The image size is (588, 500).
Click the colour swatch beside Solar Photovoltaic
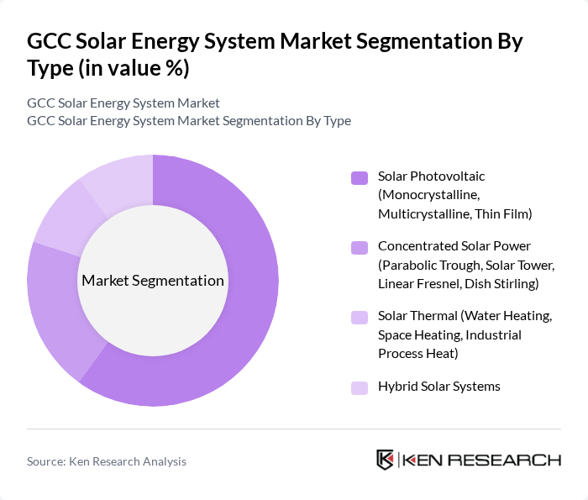point(360,177)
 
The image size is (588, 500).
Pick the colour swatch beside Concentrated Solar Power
point(360,247)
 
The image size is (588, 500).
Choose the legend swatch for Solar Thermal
point(360,317)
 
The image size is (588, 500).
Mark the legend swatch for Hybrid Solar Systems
point(360,387)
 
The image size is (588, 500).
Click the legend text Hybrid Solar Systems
point(438,387)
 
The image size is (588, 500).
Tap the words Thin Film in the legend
point(503,214)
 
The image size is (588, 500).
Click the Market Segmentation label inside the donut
point(153,281)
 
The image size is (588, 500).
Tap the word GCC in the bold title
point(49,41)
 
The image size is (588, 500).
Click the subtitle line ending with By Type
point(189,121)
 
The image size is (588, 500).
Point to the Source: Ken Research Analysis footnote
point(107,461)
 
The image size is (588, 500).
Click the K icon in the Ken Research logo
point(386,460)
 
